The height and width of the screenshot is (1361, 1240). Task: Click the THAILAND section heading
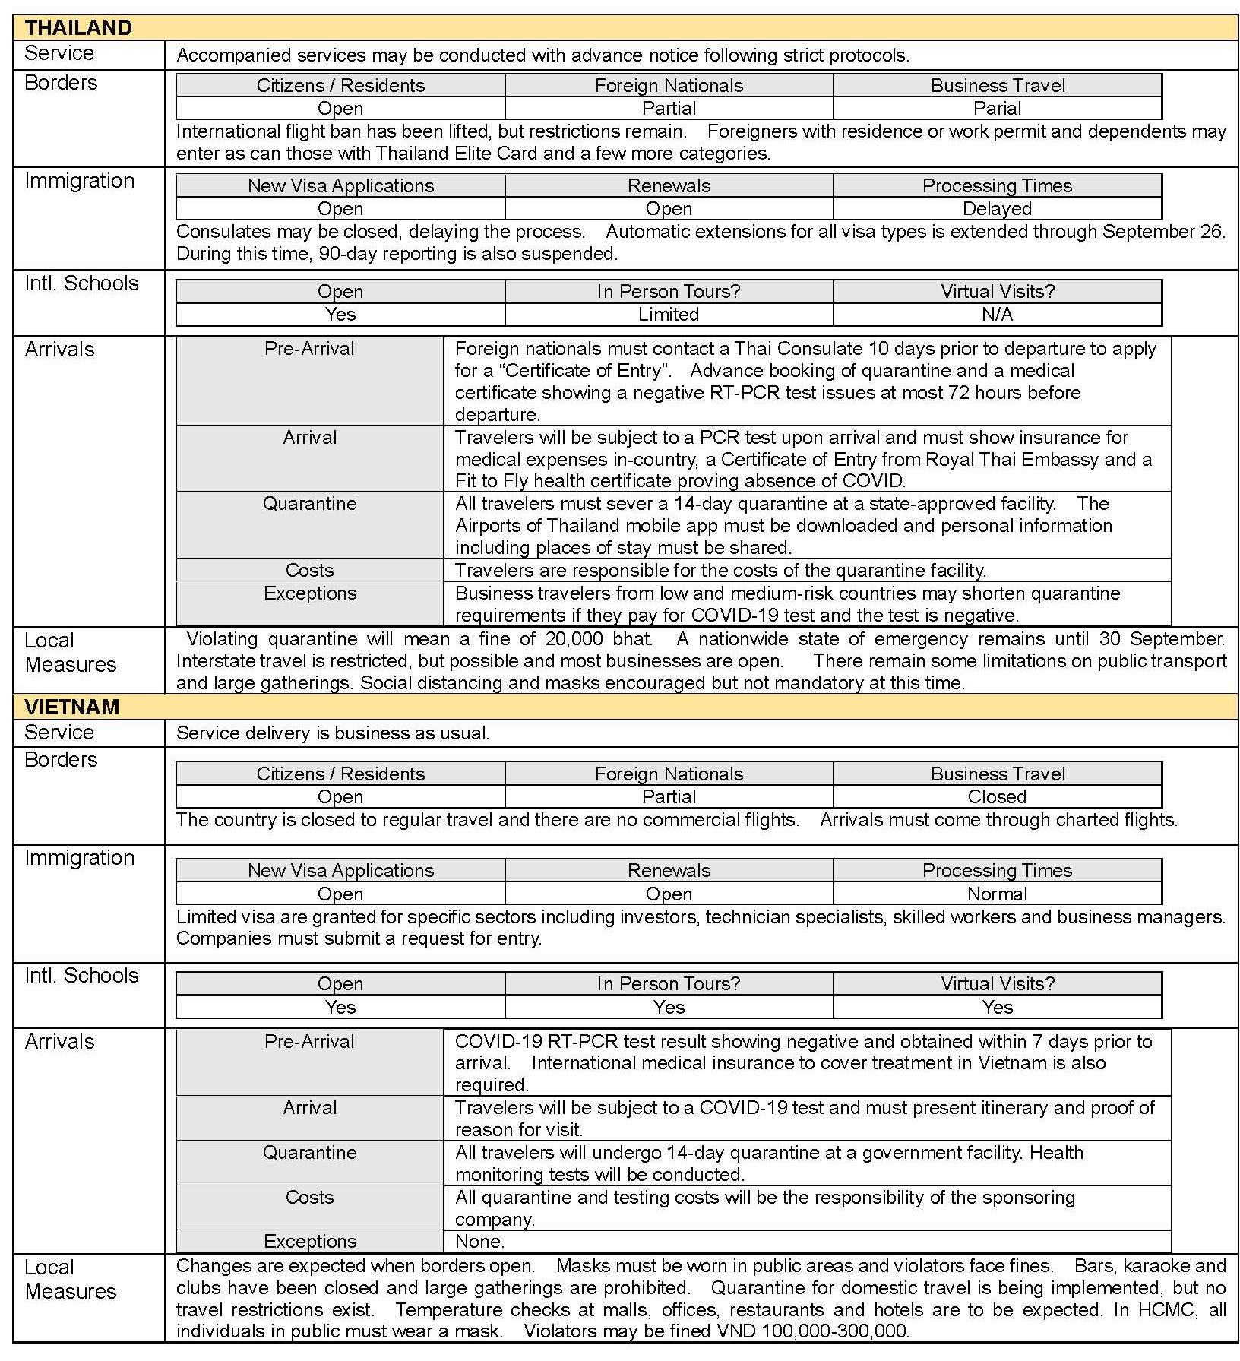(x=78, y=28)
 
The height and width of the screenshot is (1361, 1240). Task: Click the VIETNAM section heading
(x=72, y=707)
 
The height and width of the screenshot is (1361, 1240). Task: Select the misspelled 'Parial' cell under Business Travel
(x=997, y=108)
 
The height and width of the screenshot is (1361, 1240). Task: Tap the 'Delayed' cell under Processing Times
(x=997, y=208)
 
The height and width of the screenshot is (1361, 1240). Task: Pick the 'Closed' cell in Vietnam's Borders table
(x=997, y=796)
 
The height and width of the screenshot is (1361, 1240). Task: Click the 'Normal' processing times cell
(x=997, y=894)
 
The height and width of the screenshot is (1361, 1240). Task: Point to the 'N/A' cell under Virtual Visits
(x=997, y=314)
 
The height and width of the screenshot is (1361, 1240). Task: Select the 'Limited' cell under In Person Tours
(x=669, y=314)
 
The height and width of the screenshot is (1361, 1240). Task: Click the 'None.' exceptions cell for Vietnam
(x=479, y=1241)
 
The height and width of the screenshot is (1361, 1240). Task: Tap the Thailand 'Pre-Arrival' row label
(x=309, y=349)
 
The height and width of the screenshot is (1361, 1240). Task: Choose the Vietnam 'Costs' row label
(x=309, y=1197)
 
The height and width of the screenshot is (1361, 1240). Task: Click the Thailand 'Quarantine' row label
(x=309, y=503)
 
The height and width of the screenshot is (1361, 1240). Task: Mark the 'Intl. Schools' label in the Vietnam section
(x=81, y=975)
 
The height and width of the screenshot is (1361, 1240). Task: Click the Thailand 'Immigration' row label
(x=79, y=181)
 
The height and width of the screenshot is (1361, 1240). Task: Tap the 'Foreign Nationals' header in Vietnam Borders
(x=669, y=774)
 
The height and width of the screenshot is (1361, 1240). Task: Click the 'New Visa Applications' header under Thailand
(x=340, y=185)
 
